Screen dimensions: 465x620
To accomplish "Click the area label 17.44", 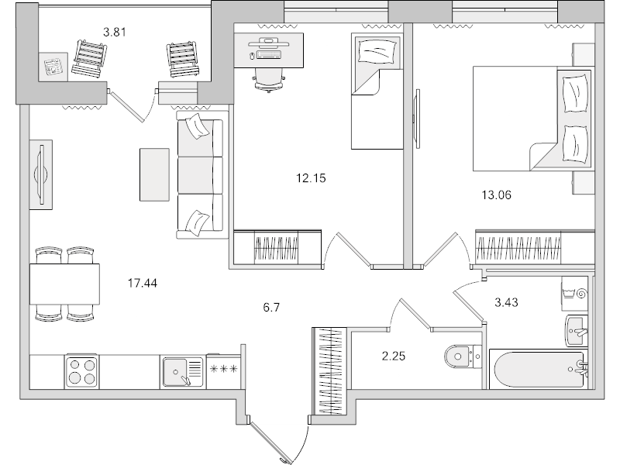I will tap(142, 283).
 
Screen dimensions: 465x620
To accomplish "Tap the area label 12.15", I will tap(312, 177).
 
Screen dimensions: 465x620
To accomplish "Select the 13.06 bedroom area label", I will tap(497, 195).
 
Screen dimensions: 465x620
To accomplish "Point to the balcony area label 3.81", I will tap(115, 33).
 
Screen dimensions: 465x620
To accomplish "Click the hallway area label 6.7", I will tap(270, 307).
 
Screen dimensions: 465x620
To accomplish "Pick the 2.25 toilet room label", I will tap(394, 356).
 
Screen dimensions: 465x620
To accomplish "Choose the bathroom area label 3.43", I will tap(506, 301).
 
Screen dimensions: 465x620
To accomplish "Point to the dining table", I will tap(65, 284).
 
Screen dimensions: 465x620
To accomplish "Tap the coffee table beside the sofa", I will tap(154, 174).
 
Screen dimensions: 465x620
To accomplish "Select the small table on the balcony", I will tap(53, 67).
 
